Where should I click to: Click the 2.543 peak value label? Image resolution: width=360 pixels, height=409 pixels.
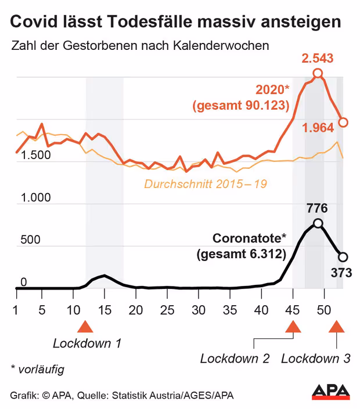pyautogui.click(x=318, y=59)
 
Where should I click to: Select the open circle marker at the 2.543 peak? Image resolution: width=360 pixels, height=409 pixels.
pyautogui.click(x=318, y=73)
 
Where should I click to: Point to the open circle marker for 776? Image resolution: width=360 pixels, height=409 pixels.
pyautogui.click(x=318, y=223)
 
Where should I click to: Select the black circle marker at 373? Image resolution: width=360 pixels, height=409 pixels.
pyautogui.click(x=343, y=257)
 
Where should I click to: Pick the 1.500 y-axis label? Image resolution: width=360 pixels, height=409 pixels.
pyautogui.click(x=35, y=156)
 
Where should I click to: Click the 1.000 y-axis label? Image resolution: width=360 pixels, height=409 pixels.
pyautogui.click(x=35, y=198)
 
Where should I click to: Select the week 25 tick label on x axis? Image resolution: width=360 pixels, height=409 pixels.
pyautogui.click(x=167, y=309)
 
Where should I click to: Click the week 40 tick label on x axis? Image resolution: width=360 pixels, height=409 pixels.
pyautogui.click(x=261, y=309)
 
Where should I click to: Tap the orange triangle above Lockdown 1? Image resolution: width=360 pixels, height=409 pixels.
pyautogui.click(x=85, y=326)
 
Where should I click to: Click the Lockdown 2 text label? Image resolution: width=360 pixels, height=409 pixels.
pyautogui.click(x=235, y=359)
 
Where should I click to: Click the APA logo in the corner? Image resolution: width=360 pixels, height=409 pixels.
pyautogui.click(x=331, y=392)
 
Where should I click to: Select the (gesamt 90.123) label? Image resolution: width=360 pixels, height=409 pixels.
pyautogui.click(x=241, y=106)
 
